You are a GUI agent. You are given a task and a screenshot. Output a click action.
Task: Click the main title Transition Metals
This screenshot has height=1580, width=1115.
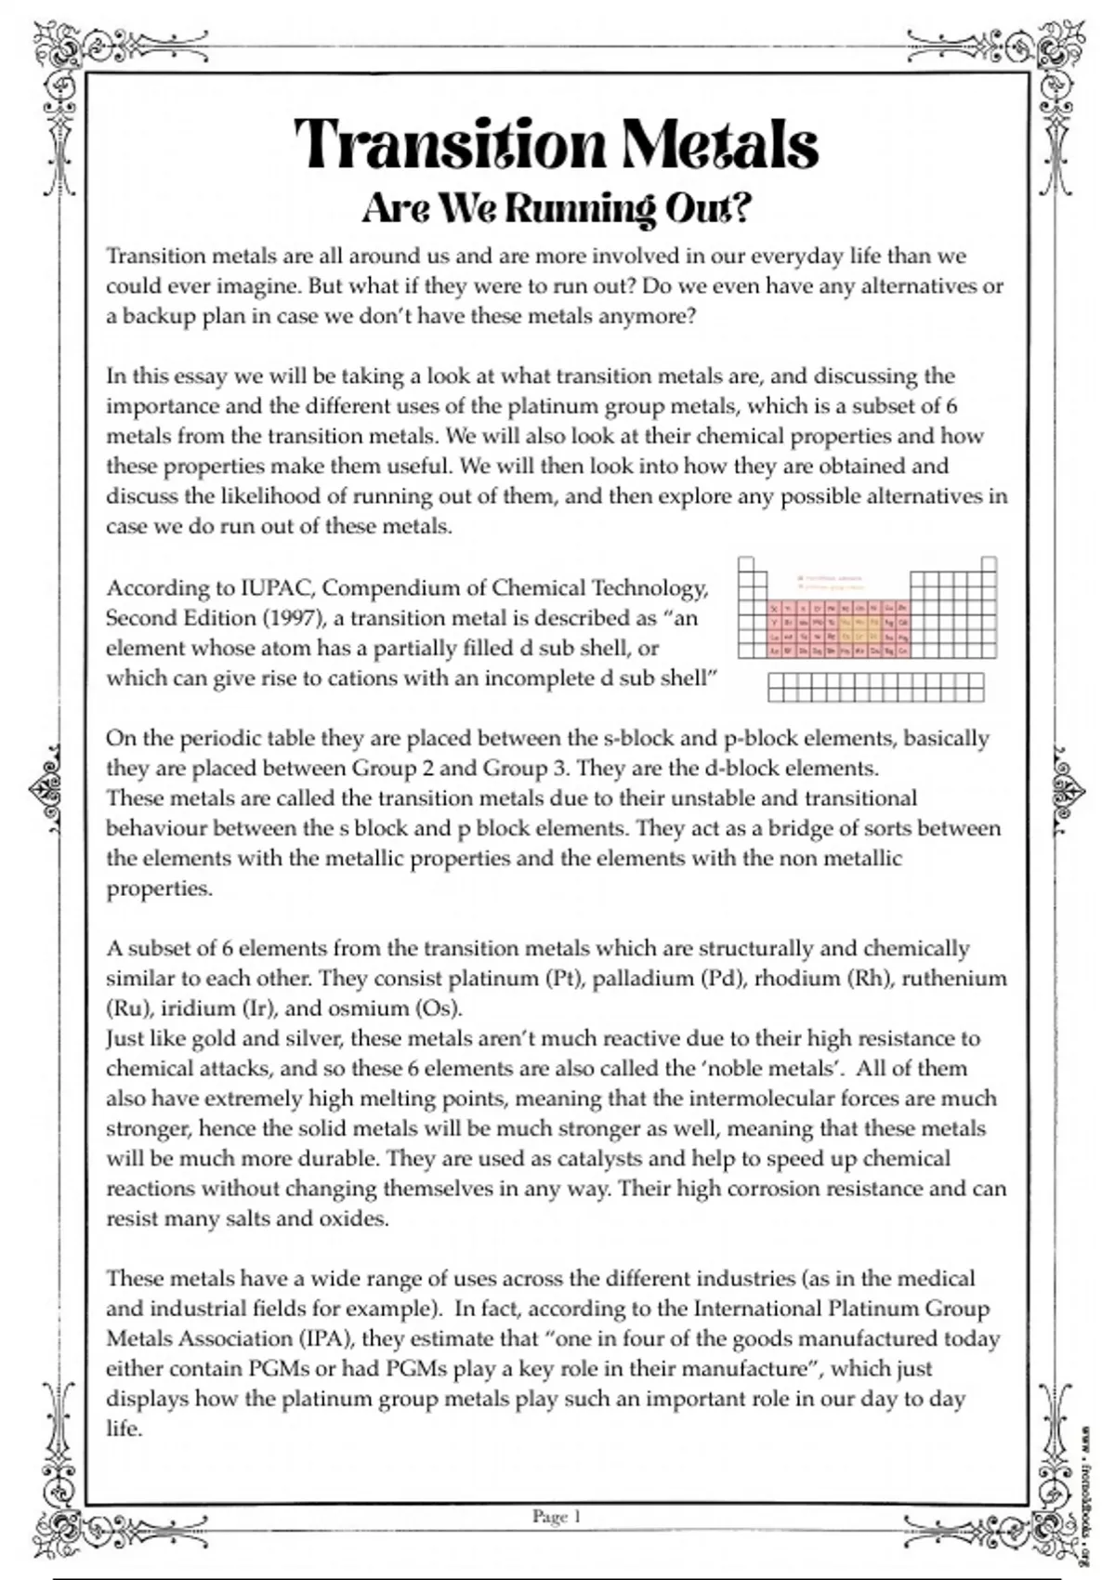[x=556, y=146]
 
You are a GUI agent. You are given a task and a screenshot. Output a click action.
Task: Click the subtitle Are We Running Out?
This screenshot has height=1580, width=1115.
[x=556, y=208]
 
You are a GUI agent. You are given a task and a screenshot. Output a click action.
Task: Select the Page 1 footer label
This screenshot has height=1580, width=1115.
[x=557, y=1516]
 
